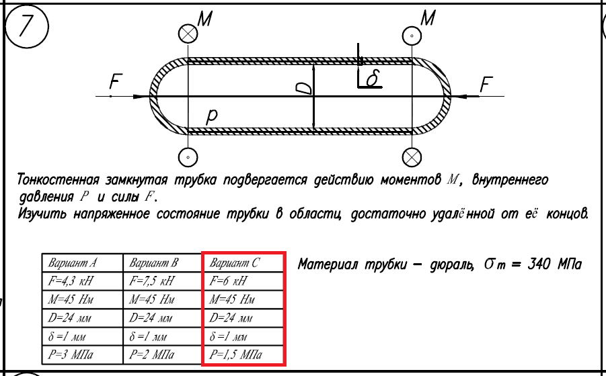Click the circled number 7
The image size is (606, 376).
27,28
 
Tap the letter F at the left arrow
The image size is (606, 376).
116,83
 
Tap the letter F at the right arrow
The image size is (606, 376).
486,84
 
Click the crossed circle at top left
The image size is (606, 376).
188,34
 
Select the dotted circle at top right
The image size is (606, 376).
411,35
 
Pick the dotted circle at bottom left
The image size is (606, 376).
188,157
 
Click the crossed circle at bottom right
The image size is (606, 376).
411,157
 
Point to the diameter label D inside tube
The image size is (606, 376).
304,88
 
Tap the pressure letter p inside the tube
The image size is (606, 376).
211,116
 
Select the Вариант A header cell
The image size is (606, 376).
81,263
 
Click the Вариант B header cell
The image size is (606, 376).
162,263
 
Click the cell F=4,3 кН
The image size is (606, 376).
81,281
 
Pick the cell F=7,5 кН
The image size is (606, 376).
162,281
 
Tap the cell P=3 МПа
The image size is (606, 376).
81,354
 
